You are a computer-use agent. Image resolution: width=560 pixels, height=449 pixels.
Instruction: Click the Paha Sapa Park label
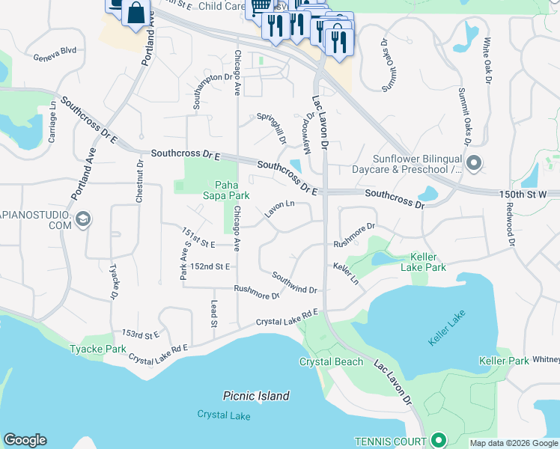pyautogui.click(x=231, y=190)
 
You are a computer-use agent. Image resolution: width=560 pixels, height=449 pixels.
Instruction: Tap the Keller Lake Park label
pyautogui.click(x=423, y=261)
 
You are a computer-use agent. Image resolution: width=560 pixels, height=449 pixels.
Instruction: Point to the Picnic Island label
pyautogui.click(x=256, y=396)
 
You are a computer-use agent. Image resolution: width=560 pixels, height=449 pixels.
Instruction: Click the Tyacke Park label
pyautogui.click(x=98, y=349)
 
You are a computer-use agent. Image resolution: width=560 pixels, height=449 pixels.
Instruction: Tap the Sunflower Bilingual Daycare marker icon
pyautogui.click(x=473, y=162)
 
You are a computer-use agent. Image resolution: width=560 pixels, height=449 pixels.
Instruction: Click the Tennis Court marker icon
pyautogui.click(x=439, y=441)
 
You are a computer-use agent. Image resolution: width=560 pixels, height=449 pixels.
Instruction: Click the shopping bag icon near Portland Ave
pyautogui.click(x=136, y=13)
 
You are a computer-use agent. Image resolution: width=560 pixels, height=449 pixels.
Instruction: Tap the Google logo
pyautogui.click(x=25, y=440)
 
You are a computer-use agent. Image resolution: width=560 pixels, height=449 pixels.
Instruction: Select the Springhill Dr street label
pyautogui.click(x=272, y=128)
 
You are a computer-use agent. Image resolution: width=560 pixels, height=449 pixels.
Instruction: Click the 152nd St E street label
pyautogui.click(x=210, y=266)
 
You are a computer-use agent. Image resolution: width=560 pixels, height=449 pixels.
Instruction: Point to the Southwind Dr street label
pyautogui.click(x=294, y=283)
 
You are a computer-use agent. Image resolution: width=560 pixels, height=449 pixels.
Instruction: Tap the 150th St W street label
pyautogui.click(x=524, y=194)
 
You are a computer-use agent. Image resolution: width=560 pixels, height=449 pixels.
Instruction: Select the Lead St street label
pyautogui.click(x=213, y=314)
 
